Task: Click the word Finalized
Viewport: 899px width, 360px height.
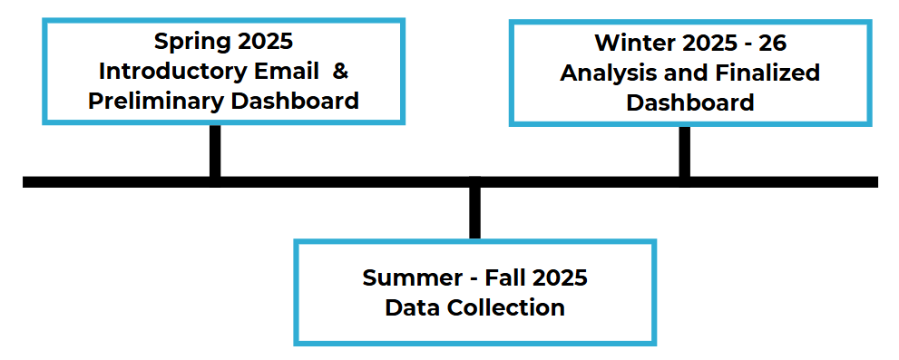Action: click(765, 73)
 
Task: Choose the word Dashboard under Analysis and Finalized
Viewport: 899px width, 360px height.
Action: click(690, 102)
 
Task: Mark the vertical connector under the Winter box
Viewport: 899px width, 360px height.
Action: click(684, 151)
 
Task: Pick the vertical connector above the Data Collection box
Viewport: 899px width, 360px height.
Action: click(474, 213)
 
